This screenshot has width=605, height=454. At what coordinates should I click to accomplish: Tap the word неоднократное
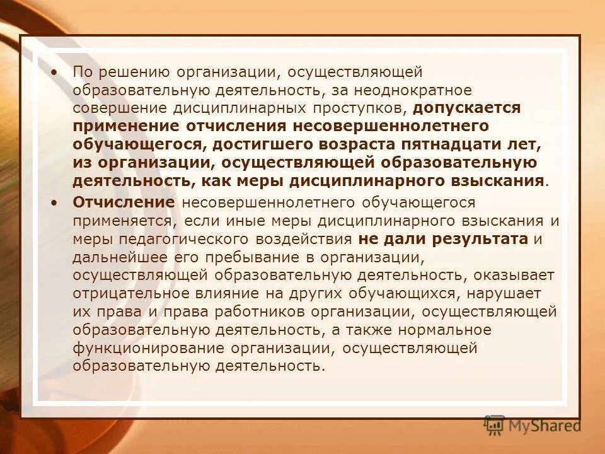tap(424, 91)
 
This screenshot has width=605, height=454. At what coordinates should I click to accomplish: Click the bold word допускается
tap(467, 108)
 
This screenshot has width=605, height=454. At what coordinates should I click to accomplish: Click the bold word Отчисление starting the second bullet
tap(124, 202)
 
